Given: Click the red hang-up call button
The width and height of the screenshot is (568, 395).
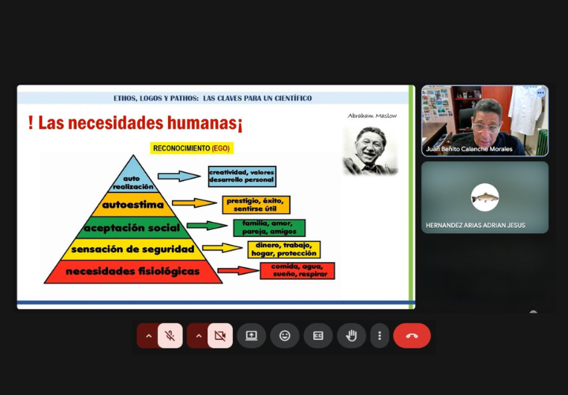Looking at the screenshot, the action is click(x=412, y=336).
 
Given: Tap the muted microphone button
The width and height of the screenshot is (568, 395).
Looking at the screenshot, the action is click(x=170, y=336).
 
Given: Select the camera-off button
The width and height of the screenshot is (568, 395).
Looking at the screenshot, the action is click(x=220, y=336).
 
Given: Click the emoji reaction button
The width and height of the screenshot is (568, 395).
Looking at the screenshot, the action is click(x=285, y=336).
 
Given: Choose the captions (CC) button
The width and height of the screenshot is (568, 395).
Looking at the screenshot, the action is click(x=318, y=336).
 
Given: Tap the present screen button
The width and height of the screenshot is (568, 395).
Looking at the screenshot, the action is click(x=252, y=336).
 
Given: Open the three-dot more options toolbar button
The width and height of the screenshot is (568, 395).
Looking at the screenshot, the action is click(x=379, y=336).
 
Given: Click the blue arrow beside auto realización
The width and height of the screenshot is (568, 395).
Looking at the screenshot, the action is click(x=178, y=176).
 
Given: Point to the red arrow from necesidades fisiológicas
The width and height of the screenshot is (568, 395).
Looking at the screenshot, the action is click(x=238, y=271).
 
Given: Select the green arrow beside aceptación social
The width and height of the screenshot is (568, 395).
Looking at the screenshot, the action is click(x=207, y=225).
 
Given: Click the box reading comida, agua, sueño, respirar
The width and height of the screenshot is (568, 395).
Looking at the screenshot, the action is click(x=297, y=271).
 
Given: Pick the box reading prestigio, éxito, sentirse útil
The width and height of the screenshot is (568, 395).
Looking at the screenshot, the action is click(x=256, y=205).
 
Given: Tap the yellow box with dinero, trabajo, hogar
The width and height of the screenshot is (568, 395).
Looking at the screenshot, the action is click(x=284, y=249).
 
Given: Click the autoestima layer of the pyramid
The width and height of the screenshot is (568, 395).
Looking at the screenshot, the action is click(x=133, y=205).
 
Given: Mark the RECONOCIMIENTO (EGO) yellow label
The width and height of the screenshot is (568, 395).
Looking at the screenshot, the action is click(x=192, y=148).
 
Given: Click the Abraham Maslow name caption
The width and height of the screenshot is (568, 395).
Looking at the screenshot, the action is click(x=372, y=115).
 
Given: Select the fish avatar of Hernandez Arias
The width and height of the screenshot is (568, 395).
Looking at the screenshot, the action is click(x=485, y=197).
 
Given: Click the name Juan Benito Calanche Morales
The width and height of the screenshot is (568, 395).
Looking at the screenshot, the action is click(x=469, y=149).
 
